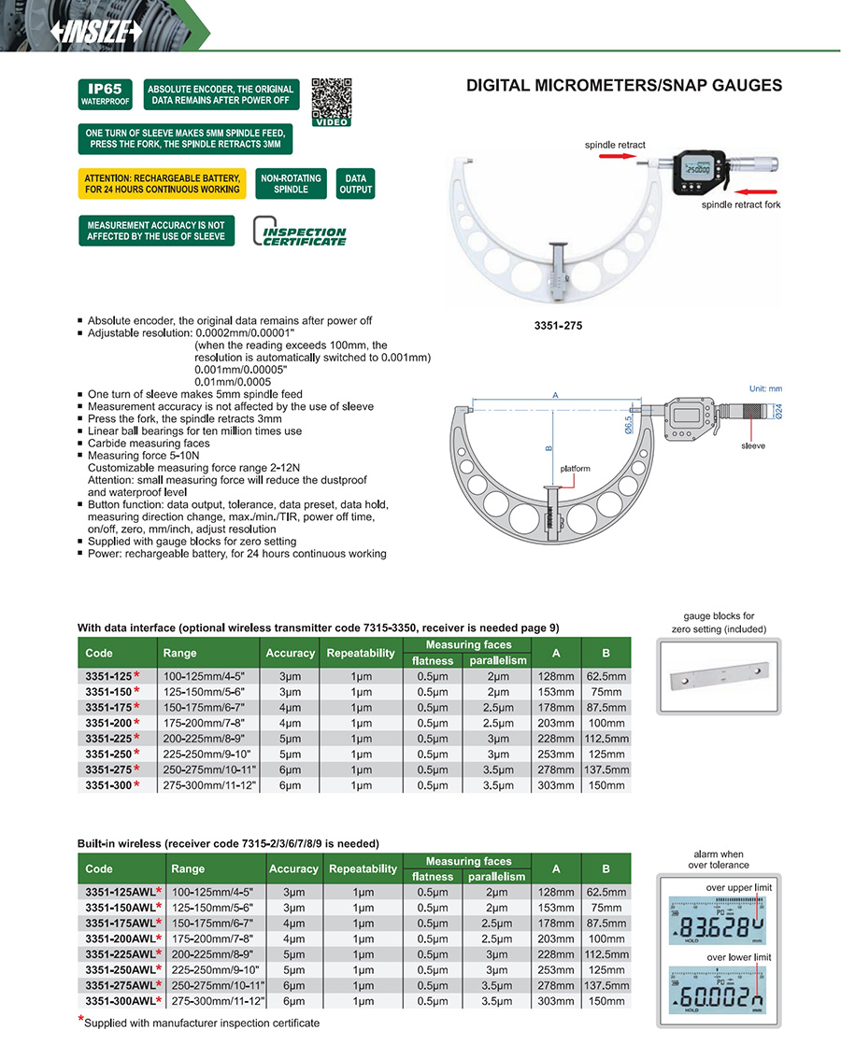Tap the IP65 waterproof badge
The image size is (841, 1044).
pos(104,94)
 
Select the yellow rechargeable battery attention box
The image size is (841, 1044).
pos(162,183)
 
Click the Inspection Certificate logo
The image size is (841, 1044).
pos(300,233)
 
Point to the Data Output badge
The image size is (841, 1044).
pos(356,183)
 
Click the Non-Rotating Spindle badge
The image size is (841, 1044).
pos(291,183)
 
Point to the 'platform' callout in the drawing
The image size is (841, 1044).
pos(576,468)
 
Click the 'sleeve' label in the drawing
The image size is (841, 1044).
pos(752,445)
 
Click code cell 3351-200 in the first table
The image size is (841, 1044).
pos(110,723)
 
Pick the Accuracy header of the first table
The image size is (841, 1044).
pos(290,653)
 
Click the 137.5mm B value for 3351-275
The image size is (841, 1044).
pos(605,769)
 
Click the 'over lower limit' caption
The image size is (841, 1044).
pos(738,958)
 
